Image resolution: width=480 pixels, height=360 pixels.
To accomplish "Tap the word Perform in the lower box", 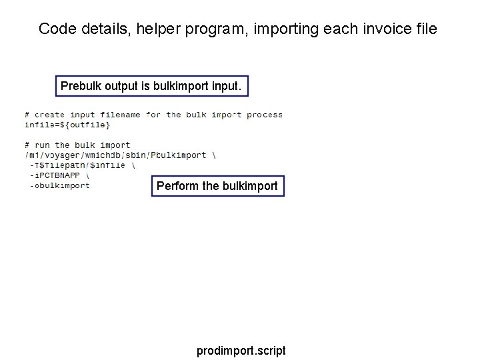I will tap(177, 186).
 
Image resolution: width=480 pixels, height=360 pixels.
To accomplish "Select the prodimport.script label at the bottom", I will tap(241, 350).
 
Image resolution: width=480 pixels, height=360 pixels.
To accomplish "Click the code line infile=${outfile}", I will tap(67, 125).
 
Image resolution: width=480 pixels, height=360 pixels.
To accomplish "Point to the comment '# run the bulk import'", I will tap(77, 145).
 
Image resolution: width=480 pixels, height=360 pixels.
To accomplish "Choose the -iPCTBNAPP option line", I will tap(55, 175).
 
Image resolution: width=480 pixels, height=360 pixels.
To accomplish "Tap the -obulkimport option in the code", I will tap(59, 185).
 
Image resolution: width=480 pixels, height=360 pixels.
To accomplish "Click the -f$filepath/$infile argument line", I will tap(77, 165).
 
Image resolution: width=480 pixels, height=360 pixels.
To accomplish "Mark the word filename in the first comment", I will tap(121, 115).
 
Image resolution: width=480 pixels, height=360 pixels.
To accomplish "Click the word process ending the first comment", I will tap(265, 115).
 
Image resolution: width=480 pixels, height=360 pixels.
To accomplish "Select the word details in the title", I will tap(93, 29).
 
